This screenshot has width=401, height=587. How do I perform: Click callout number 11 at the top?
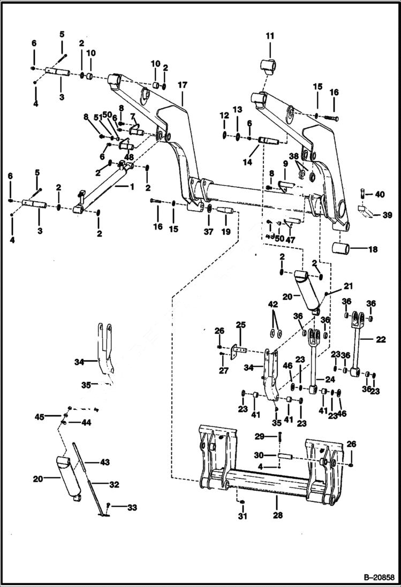click(269, 36)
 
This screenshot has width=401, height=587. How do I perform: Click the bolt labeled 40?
click(363, 193)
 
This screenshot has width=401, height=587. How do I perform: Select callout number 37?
click(209, 231)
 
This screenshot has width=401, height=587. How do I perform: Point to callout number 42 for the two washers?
click(273, 304)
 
